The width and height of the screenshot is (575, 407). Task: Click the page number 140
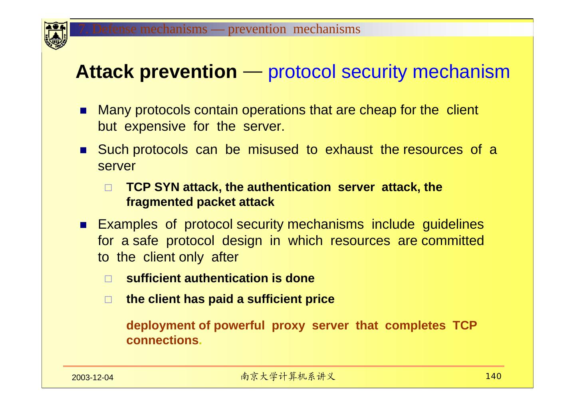click(x=494, y=376)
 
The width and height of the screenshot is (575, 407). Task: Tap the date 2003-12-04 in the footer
click(x=93, y=378)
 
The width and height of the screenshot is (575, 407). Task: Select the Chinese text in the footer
click(x=288, y=377)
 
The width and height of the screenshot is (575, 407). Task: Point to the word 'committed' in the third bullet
click(x=452, y=241)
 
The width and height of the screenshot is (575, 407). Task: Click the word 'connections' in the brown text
click(x=162, y=340)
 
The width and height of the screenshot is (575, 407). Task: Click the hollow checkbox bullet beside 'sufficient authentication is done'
click(x=108, y=279)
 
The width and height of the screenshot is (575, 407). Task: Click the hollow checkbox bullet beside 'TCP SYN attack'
click(x=108, y=188)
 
